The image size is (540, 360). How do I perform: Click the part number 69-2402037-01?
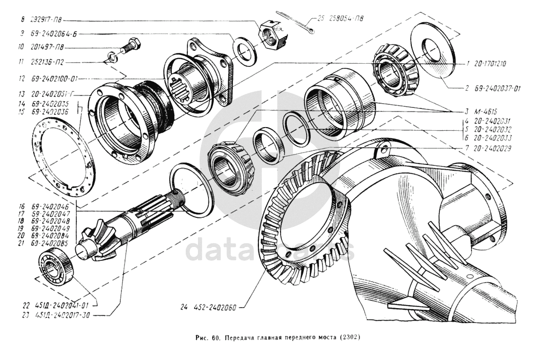(x=497, y=89)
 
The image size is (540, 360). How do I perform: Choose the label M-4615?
(x=486, y=112)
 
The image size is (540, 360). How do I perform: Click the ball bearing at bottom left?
(x=56, y=268)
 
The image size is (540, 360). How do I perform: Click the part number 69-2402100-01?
(x=56, y=79)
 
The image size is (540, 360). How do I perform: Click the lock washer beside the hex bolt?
(x=111, y=57)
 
